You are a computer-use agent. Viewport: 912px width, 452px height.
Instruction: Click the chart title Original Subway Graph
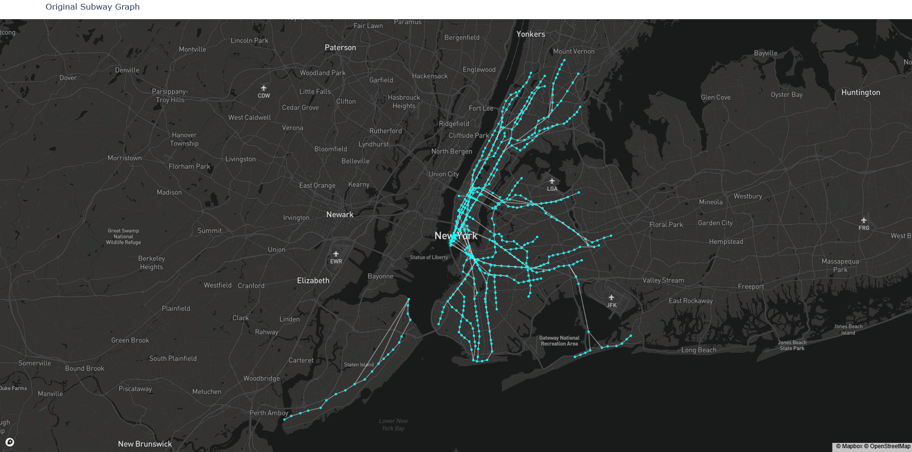tap(92, 7)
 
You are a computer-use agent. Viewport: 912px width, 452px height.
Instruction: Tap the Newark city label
tap(340, 215)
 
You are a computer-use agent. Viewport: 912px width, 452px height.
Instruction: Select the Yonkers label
tap(530, 34)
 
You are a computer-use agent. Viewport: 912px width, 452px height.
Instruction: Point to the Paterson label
tap(340, 47)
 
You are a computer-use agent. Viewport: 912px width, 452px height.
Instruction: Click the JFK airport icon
tap(611, 298)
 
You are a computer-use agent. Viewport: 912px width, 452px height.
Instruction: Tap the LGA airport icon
tap(552, 181)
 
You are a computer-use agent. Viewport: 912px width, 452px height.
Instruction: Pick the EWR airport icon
tap(336, 254)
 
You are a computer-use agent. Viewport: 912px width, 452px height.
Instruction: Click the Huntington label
tap(860, 93)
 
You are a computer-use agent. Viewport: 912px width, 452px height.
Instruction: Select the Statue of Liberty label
tap(429, 257)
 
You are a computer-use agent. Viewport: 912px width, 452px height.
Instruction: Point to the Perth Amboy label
tap(269, 413)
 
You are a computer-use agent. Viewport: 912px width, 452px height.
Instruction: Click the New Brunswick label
tap(145, 444)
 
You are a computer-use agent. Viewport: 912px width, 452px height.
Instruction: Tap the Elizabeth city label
tap(313, 280)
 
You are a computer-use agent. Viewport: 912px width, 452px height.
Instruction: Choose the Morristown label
tap(125, 158)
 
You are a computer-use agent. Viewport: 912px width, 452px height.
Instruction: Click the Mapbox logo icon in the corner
tap(10, 442)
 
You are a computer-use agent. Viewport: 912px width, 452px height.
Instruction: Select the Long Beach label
tap(698, 350)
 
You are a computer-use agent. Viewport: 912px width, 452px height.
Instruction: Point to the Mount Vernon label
tap(573, 51)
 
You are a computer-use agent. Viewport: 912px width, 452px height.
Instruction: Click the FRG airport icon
tap(864, 220)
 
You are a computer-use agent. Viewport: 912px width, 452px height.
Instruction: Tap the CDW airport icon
tap(263, 88)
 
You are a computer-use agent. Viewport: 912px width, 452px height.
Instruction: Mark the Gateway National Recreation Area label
tap(559, 341)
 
